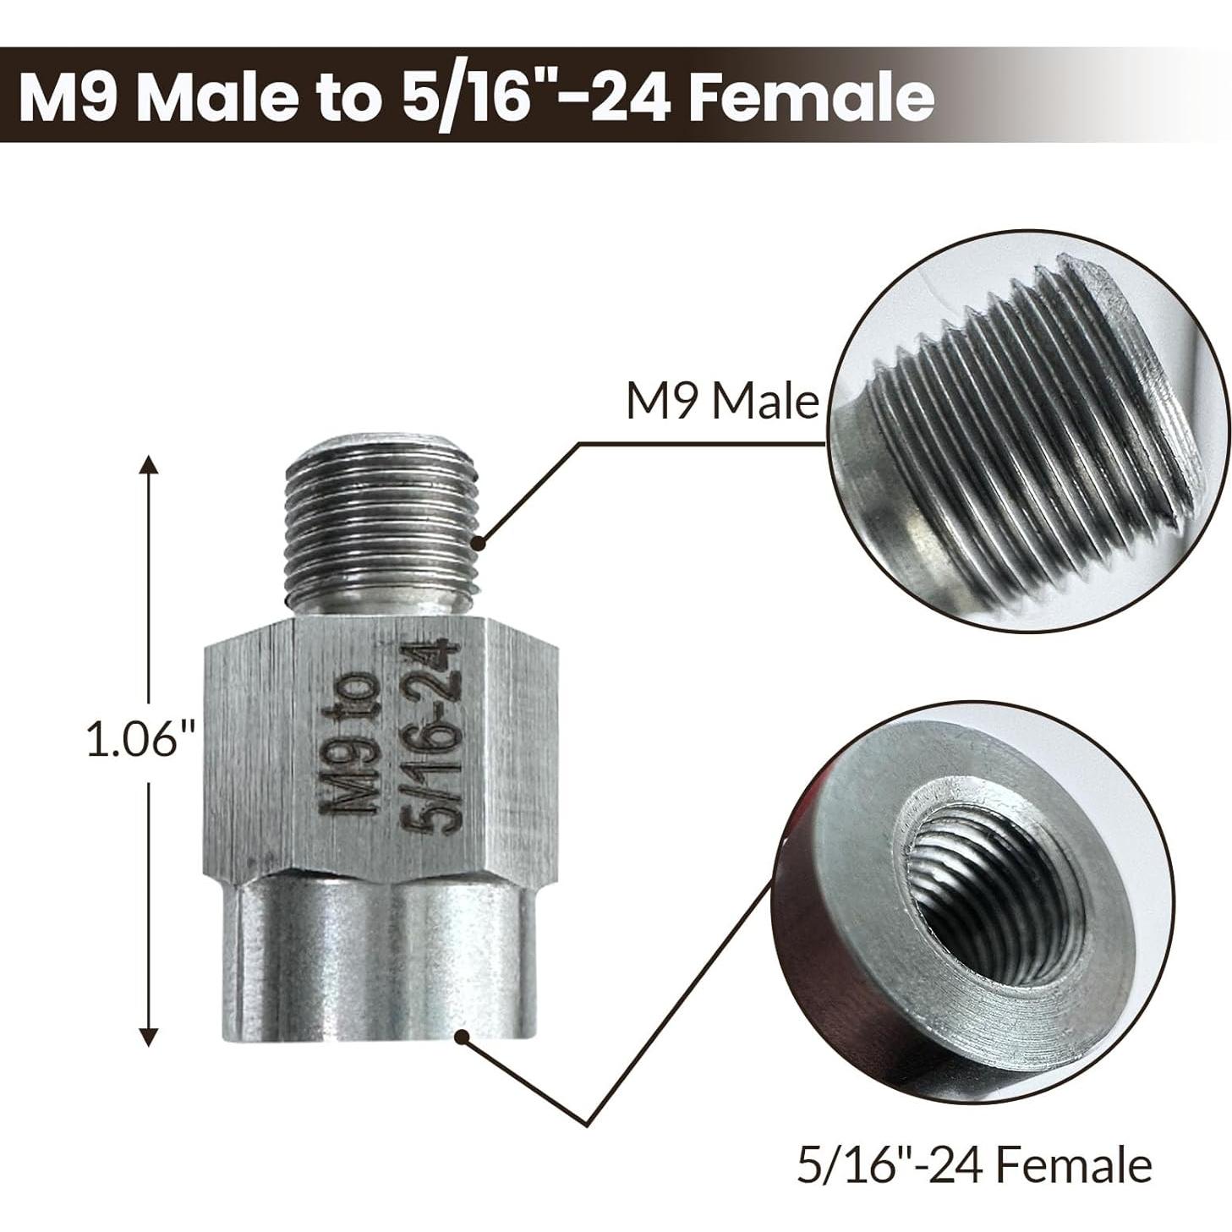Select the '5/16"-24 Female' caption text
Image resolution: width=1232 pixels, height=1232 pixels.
(973, 1165)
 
